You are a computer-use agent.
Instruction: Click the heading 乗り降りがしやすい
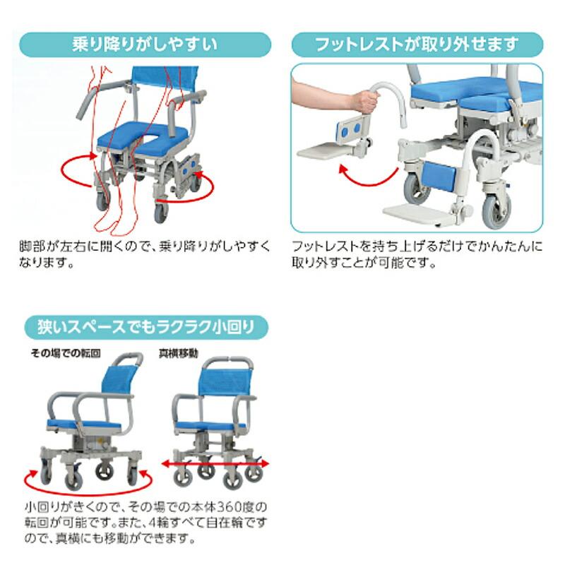click(144, 44)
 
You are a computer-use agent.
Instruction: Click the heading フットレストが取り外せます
click(417, 44)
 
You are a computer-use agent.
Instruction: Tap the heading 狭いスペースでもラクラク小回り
click(145, 327)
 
